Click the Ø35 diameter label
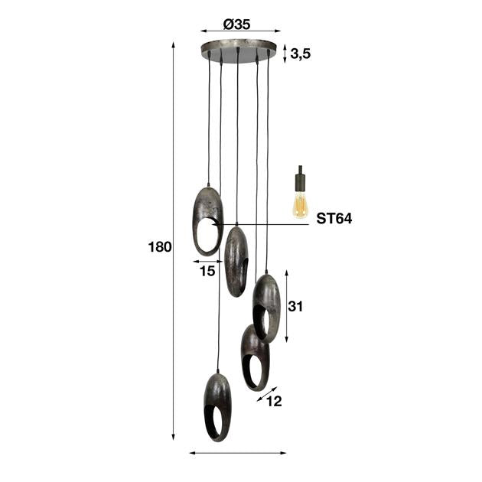(x=237, y=24)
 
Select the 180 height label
(x=160, y=246)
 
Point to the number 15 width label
(x=207, y=271)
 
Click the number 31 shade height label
(x=296, y=306)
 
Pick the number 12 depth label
(x=274, y=401)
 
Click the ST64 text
(x=334, y=219)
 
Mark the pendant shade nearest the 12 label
(x=255, y=357)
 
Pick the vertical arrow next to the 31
(x=286, y=306)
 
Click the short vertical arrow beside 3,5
(x=285, y=54)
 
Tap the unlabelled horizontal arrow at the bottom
(x=237, y=453)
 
